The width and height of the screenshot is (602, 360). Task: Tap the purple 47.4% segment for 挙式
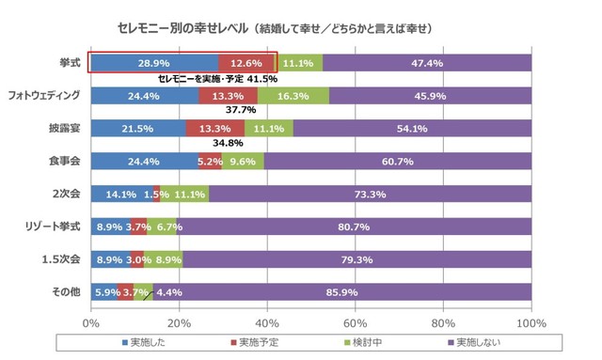coord(427,62)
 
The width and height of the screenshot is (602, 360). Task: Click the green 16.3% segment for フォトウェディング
coord(293,95)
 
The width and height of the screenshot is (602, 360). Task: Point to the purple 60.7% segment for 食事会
coord(398,161)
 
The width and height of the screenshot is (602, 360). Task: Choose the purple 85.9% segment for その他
coord(342,291)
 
